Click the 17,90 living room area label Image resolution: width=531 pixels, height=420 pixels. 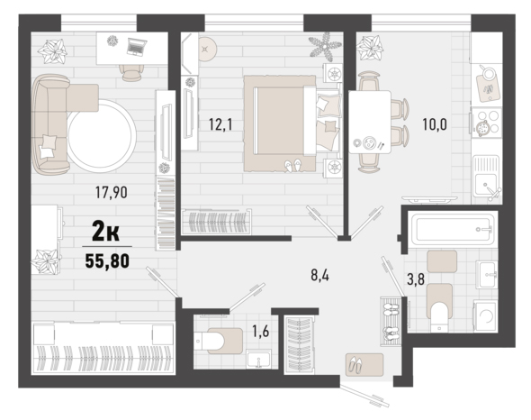(111, 192)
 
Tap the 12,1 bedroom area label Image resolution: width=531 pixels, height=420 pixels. (220, 124)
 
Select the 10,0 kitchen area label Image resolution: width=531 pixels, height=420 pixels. (435, 124)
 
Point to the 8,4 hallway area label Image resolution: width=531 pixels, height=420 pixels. (319, 276)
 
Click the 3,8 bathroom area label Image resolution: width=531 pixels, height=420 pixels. (416, 280)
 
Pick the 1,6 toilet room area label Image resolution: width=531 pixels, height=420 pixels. (261, 331)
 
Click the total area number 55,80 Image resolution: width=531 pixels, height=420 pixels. (107, 260)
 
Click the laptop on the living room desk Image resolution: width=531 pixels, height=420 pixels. (137, 47)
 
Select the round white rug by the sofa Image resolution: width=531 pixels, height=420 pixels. (102, 136)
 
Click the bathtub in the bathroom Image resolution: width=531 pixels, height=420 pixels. (453, 229)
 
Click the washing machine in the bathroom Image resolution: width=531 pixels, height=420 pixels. (485, 316)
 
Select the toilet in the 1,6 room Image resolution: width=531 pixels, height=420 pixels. (219, 341)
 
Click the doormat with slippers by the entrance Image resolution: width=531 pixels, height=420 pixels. (364, 365)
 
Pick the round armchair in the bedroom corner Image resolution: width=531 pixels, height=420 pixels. (207, 49)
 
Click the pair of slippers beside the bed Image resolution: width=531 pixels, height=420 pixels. (292, 165)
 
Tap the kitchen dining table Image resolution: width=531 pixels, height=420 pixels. (370, 123)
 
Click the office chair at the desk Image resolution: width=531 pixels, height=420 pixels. (131, 73)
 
